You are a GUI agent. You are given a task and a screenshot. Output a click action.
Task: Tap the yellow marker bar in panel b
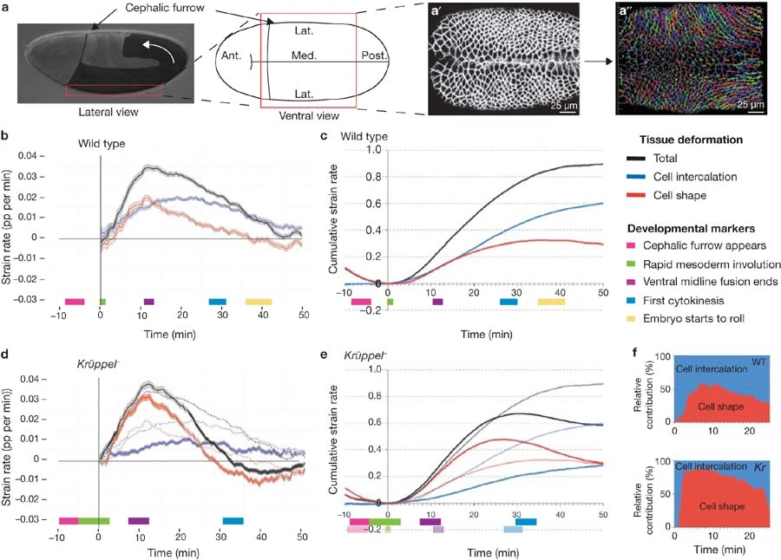[x=259, y=302]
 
